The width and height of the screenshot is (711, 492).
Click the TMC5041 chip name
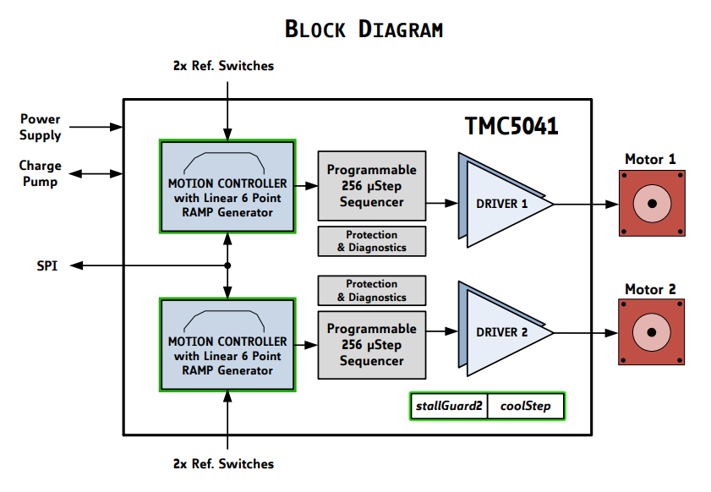pyautogui.click(x=511, y=126)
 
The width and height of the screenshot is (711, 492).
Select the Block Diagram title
pyautogui.click(x=364, y=29)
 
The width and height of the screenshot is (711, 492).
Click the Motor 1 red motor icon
pyautogui.click(x=650, y=204)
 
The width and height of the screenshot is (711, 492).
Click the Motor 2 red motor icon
pyautogui.click(x=650, y=332)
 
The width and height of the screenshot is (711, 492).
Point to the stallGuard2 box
pyautogui.click(x=449, y=407)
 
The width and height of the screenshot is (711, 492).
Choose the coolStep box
pyautogui.click(x=525, y=407)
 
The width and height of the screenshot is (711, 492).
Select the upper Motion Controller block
pyautogui.click(x=227, y=187)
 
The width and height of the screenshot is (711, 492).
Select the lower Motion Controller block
pyautogui.click(x=227, y=344)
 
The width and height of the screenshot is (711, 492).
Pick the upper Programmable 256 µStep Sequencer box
pyautogui.click(x=372, y=186)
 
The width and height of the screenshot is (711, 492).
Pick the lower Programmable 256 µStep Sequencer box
pyautogui.click(x=372, y=345)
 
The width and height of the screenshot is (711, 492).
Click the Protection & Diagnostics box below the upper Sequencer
pyautogui.click(x=372, y=241)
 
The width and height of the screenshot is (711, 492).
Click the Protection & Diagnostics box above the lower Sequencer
pyautogui.click(x=372, y=290)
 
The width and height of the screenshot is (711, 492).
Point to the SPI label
pyautogui.click(x=47, y=265)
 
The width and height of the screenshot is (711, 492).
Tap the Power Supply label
pyautogui.click(x=41, y=128)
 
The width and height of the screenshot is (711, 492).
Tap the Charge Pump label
pyautogui.click(x=39, y=173)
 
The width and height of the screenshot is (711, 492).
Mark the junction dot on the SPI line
pyautogui.click(x=227, y=265)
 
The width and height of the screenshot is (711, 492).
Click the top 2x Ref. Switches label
pyautogui.click(x=223, y=65)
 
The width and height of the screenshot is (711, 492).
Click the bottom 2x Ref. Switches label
pyautogui.click(x=223, y=463)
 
